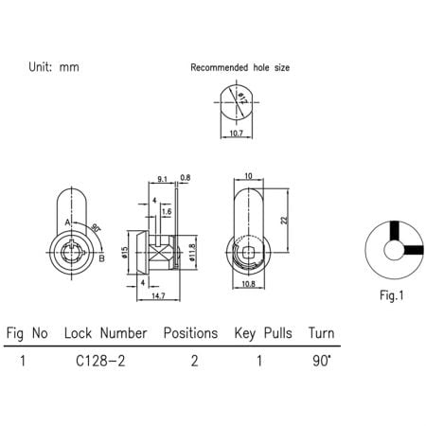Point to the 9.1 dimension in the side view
pyautogui.click(x=163, y=178)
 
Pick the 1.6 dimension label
pyautogui.click(x=166, y=211)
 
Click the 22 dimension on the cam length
pyautogui.click(x=285, y=219)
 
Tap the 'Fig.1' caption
pyautogui.click(x=392, y=295)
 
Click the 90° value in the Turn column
pyautogui.click(x=320, y=361)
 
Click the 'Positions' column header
pyautogui.click(x=191, y=334)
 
